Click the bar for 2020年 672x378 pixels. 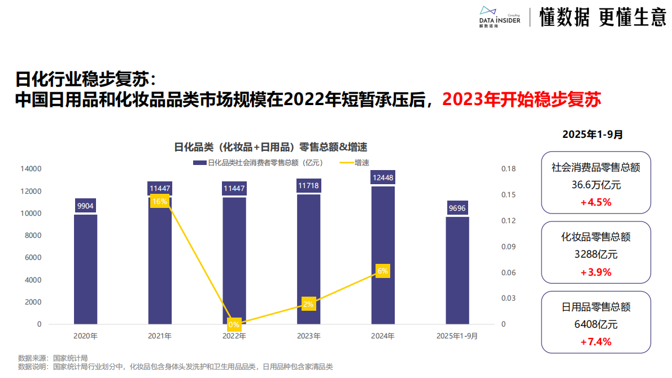tap(85, 269)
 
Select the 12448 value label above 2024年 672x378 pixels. tap(383, 178)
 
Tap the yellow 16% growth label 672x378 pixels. tap(159, 201)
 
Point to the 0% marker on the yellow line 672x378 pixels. tap(234, 324)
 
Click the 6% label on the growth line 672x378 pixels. tap(382, 271)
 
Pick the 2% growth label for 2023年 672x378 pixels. tap(308, 304)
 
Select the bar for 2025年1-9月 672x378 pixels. tap(457, 270)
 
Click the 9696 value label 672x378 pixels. tap(457, 208)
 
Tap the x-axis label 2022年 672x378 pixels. tap(234, 336)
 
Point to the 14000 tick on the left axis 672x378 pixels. tap(31, 168)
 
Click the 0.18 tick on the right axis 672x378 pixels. tap(508, 168)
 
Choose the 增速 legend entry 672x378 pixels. tap(355, 163)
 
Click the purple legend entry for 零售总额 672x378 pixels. tap(258, 163)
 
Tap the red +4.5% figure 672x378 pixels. tap(596, 202)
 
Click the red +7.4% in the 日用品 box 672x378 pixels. tap(596, 341)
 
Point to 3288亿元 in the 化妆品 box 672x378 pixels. tap(596, 254)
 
